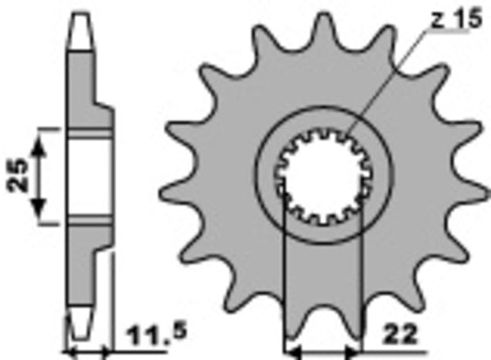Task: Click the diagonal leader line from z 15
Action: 388,84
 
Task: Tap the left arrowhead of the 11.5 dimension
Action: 71,351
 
